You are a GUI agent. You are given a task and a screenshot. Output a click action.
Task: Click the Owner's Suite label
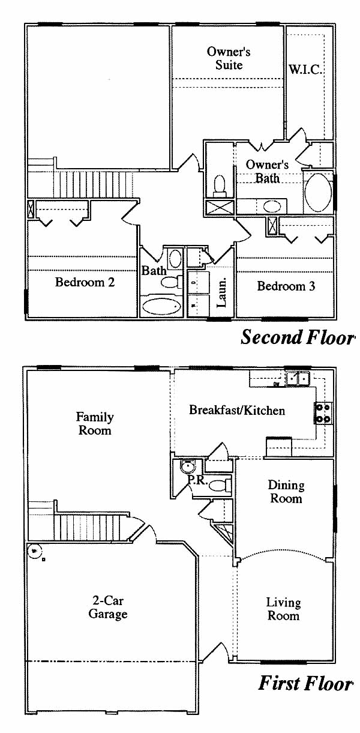tap(229, 58)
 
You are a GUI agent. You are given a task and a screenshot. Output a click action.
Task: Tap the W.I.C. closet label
tap(305, 70)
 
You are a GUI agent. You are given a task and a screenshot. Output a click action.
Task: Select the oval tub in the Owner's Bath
tap(317, 193)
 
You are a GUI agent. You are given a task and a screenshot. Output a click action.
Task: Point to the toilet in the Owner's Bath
tap(220, 186)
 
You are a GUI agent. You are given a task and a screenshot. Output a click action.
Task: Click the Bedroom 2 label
tap(85, 282)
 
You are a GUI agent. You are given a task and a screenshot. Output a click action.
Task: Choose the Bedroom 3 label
tap(286, 286)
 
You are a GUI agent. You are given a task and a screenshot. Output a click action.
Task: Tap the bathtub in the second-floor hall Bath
tap(161, 306)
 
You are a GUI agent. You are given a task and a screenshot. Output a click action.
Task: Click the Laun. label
tap(221, 292)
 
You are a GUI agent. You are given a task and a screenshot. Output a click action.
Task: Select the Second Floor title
tap(298, 337)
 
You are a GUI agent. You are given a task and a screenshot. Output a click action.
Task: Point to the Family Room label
tap(95, 423)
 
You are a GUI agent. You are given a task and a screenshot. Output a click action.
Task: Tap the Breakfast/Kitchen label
tap(237, 410)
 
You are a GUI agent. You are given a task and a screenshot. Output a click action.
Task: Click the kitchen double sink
tap(297, 379)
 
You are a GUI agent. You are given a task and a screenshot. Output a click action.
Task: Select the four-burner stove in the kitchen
tap(323, 413)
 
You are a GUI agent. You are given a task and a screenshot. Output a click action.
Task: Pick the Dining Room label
tap(286, 492)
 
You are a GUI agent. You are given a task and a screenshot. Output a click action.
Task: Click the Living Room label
tap(283, 609)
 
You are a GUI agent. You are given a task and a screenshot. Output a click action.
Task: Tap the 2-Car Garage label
tap(108, 607)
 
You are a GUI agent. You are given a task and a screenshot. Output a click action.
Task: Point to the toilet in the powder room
tap(220, 485)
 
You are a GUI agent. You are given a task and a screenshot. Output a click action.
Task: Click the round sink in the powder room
tap(188, 466)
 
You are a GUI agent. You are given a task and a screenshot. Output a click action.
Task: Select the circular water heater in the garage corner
tap(34, 551)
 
